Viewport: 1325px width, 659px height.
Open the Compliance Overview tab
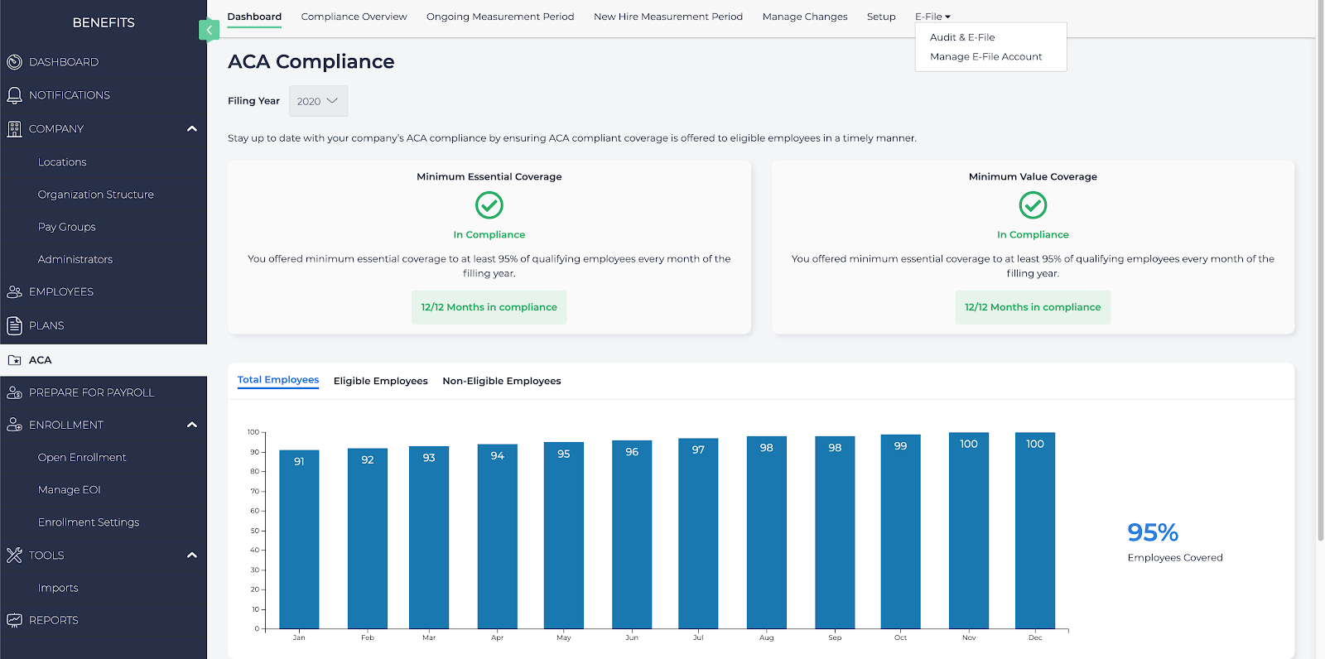tap(354, 17)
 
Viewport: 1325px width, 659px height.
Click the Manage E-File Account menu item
tap(985, 56)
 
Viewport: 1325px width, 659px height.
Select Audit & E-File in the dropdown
tap(962, 37)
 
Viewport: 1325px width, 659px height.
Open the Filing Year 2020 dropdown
tap(318, 101)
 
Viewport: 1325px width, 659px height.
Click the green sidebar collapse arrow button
tap(209, 30)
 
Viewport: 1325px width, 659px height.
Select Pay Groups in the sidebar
tap(66, 227)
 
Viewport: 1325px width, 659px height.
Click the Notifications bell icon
tap(14, 95)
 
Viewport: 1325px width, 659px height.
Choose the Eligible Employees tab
tap(380, 381)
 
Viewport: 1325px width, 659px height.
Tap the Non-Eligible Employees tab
tap(501, 381)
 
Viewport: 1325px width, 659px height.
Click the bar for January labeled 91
tap(299, 538)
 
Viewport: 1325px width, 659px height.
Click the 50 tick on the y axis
tap(255, 531)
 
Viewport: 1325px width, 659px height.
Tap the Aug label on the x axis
tap(766, 637)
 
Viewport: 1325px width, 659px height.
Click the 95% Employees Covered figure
tap(1152, 532)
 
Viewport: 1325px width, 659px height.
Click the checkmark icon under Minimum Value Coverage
tap(1033, 204)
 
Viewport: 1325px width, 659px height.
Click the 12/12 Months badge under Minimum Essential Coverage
tap(489, 307)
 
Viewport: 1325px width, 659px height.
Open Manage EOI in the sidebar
tap(69, 490)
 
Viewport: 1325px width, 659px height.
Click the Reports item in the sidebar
tap(53, 620)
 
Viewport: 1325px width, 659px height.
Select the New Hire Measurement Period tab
tap(667, 17)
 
